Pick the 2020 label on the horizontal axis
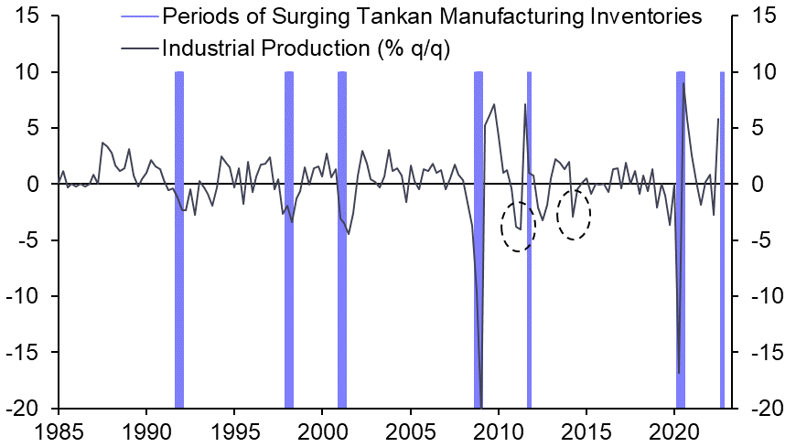[x=674, y=430]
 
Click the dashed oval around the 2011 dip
[x=518, y=227]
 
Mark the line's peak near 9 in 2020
[x=683, y=83]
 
